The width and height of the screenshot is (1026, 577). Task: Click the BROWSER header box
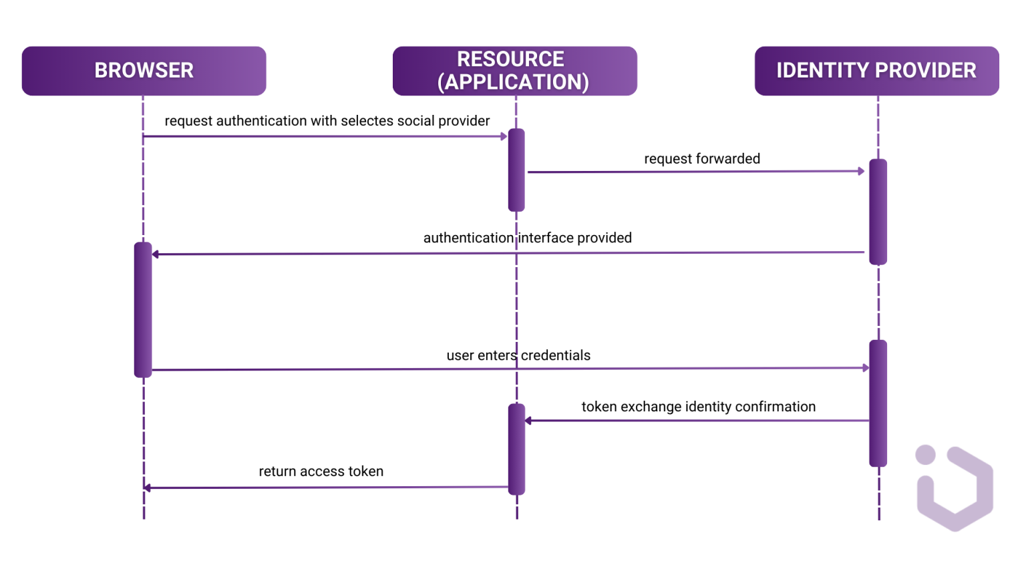(144, 71)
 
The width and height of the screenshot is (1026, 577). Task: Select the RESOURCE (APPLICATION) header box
(514, 71)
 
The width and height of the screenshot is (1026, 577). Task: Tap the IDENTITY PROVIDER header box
(876, 71)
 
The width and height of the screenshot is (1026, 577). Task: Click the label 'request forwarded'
(702, 159)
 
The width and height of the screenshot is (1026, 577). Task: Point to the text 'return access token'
(321, 471)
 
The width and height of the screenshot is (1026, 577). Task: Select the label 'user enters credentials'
(518, 355)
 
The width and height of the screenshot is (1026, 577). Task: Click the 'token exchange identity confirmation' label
(698, 407)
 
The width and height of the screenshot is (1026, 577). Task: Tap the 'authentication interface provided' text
(527, 238)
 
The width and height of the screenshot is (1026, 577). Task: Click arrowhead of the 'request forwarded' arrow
(861, 172)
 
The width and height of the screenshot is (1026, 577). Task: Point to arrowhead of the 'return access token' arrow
(148, 488)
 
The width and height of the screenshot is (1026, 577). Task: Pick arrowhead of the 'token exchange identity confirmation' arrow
(528, 421)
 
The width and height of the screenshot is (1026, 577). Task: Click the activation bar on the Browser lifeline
(143, 310)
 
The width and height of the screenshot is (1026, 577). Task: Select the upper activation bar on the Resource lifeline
(516, 170)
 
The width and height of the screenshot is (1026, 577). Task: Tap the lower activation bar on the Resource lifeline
(516, 449)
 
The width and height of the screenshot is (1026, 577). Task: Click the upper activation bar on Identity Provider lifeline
(878, 212)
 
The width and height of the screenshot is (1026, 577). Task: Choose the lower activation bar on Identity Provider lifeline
(878, 403)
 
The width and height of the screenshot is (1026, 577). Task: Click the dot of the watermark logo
(925, 455)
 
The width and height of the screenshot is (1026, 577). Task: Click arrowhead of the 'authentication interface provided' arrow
(156, 254)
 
